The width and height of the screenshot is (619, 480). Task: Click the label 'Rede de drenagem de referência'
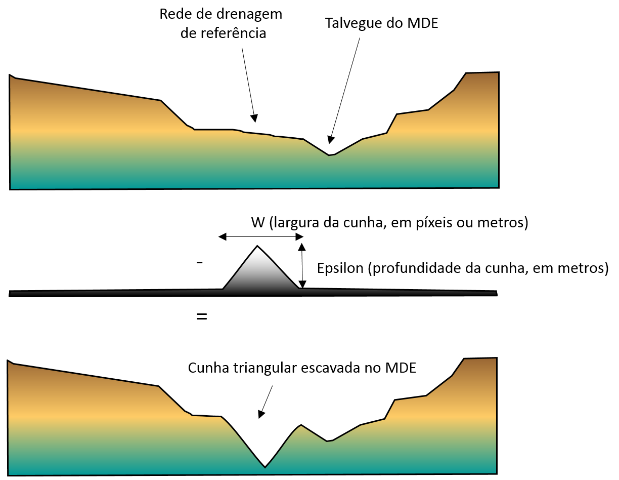point(221,24)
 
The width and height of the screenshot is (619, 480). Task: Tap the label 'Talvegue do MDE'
point(381,23)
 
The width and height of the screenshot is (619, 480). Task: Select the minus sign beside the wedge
point(200,263)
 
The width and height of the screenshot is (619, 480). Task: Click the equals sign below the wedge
point(202,317)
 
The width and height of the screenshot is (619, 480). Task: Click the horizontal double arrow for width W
point(261,236)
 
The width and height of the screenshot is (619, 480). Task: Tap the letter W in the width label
point(257,223)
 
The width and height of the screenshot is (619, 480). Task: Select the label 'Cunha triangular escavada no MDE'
point(302,368)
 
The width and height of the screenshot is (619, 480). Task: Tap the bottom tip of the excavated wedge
point(264,467)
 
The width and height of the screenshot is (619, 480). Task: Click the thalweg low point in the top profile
point(329,155)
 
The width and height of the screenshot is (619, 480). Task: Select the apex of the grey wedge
point(258,246)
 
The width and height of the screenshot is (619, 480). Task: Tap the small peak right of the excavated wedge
point(301,425)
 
